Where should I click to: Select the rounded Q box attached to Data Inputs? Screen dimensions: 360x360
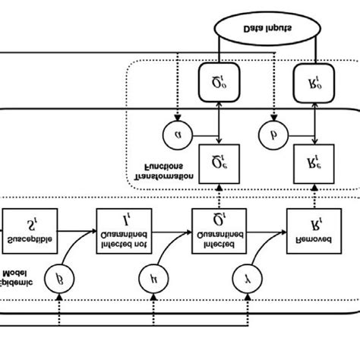tap(219, 77)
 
